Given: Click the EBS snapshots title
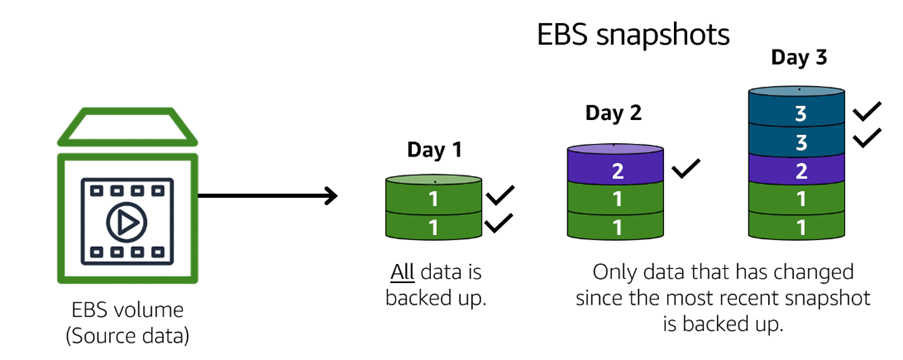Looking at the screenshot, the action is coord(633,36).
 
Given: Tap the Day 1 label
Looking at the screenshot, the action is coord(434,150).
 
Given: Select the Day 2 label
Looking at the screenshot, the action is coord(613,113).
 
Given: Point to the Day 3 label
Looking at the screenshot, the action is coord(799,58).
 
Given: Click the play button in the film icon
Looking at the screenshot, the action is coord(127,222).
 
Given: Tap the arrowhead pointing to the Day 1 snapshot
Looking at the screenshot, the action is coord(330,196).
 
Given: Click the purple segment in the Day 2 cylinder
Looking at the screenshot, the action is coord(616,168).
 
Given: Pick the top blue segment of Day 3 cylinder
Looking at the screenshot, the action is coord(796,112).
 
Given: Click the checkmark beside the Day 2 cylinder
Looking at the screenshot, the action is coord(686,168).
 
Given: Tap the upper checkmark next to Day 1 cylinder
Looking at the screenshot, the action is coord(499,196).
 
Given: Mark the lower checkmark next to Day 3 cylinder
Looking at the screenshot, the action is coord(867,137).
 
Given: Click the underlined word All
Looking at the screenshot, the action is coord(403,271).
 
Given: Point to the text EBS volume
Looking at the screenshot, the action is coord(127,310).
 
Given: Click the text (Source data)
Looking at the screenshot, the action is coord(127,336).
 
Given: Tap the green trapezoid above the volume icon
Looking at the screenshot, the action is coord(127,126).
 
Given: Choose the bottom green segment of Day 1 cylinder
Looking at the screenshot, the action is coord(433,226).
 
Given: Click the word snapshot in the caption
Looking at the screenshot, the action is coord(827,300).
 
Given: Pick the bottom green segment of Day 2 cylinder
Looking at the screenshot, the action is coord(616,226).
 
